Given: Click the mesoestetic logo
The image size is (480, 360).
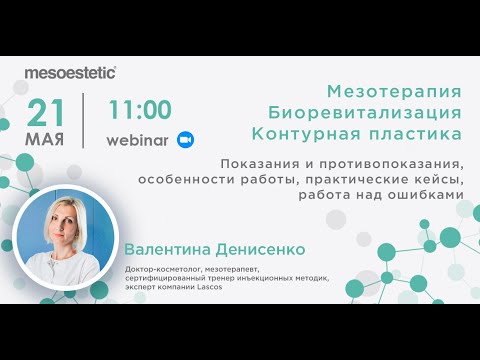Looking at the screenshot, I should [71, 72].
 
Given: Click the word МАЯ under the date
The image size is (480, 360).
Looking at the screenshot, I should [48, 139].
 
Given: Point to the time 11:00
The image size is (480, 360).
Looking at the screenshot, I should [139, 109].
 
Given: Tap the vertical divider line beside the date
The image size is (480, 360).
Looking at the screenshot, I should [84, 121].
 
